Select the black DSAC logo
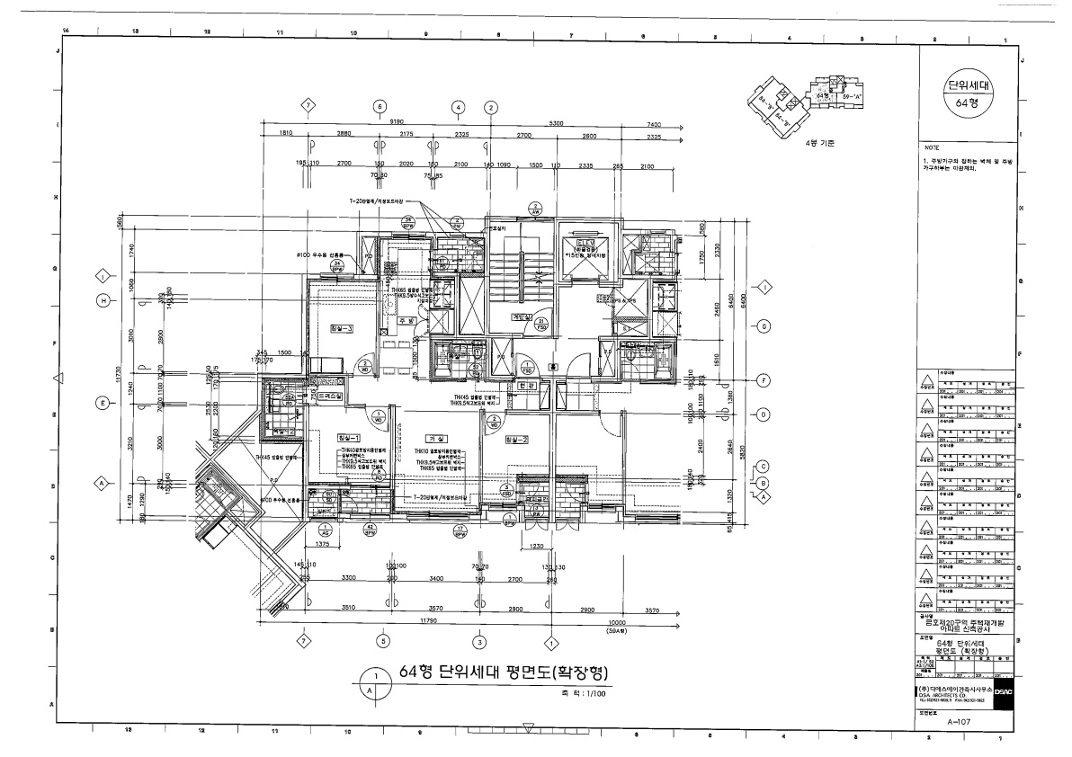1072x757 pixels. point(1005,692)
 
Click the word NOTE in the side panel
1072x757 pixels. point(932,147)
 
